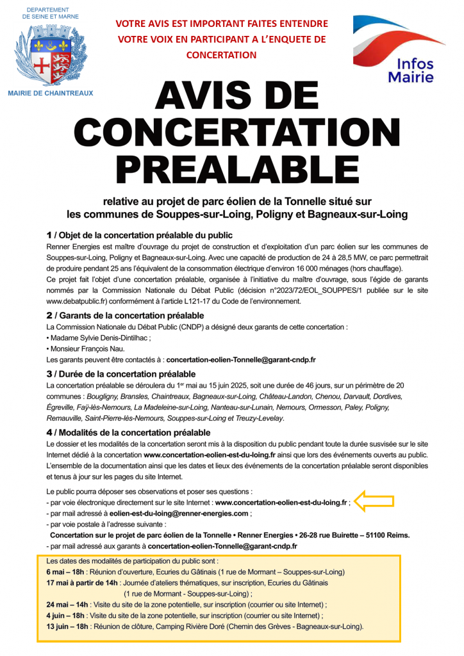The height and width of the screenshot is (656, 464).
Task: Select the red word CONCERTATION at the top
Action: (x=221, y=55)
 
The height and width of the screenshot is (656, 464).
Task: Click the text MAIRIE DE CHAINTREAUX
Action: (x=50, y=93)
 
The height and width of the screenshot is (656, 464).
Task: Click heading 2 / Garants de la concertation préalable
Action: (x=126, y=316)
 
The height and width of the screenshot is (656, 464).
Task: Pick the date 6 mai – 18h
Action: (x=67, y=571)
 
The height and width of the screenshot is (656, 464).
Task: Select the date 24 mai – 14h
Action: (x=67, y=604)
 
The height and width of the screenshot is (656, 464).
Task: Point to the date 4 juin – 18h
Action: (x=66, y=615)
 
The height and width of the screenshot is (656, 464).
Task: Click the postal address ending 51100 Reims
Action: (x=229, y=535)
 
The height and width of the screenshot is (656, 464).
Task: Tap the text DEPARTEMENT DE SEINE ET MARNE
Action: (x=50, y=13)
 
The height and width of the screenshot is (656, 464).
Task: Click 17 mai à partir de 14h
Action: (x=82, y=582)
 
